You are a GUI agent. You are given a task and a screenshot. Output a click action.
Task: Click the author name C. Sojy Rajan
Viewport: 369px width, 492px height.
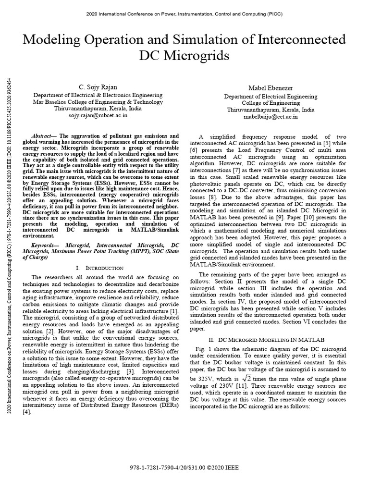coord(98,86)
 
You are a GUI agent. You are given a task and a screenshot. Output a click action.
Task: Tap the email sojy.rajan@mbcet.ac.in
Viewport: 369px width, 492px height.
coord(98,116)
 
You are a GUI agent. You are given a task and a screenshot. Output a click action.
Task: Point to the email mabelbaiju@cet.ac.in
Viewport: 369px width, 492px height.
coord(262,116)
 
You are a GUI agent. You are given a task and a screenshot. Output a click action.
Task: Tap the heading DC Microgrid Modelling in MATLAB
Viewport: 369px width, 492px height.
coord(265,340)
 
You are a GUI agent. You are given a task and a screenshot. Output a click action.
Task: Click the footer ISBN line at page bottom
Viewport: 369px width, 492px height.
coord(184,467)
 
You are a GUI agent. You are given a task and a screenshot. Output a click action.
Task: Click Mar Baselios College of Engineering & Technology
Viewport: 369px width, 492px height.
coord(98,102)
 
